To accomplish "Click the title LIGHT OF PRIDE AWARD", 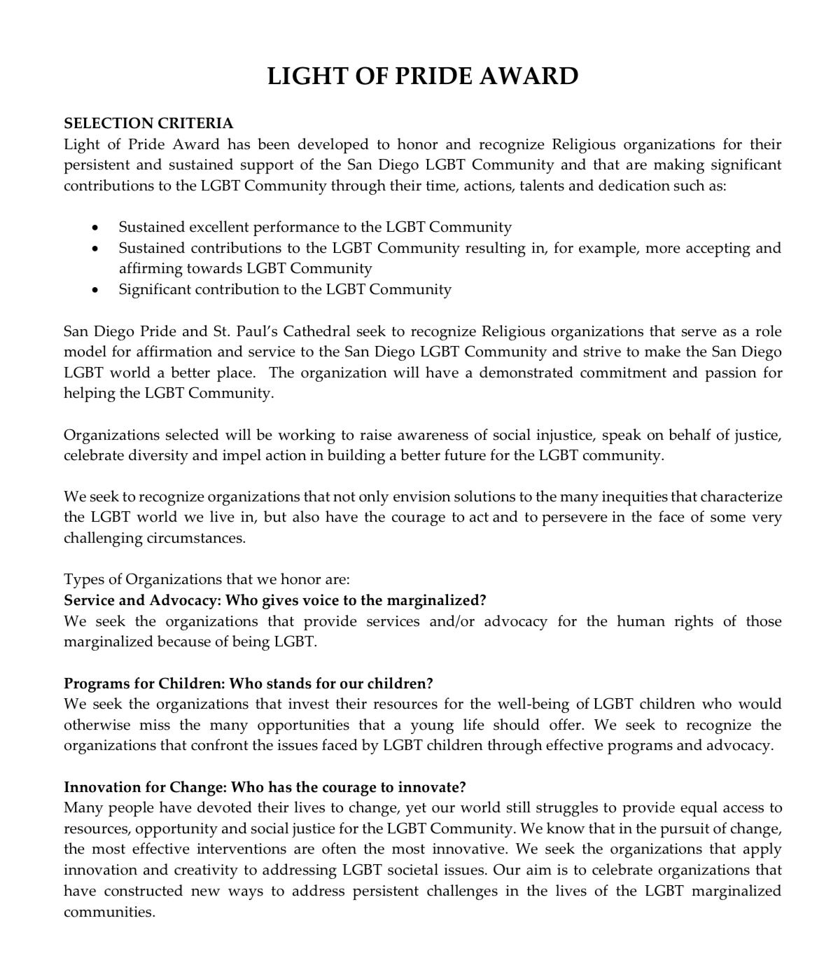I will tap(423, 76).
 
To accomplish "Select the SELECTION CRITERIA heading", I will tap(148, 123).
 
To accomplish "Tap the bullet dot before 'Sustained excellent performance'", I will tap(95, 228).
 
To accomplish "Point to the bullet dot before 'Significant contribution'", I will tap(95, 290).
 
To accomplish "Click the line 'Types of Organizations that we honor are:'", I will tap(206, 580).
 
